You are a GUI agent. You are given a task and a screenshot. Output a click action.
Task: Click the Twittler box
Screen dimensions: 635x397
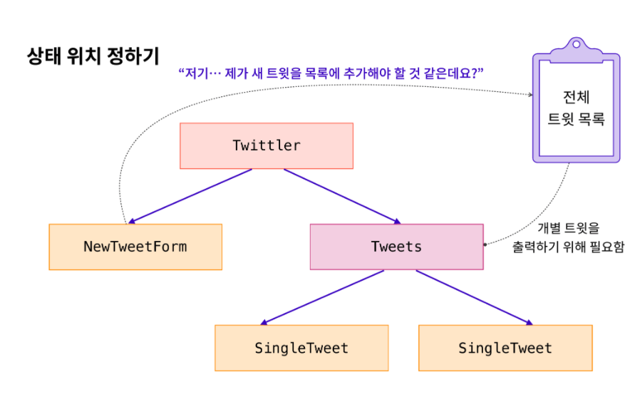click(266, 146)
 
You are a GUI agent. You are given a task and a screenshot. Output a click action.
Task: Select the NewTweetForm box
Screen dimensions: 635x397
click(135, 247)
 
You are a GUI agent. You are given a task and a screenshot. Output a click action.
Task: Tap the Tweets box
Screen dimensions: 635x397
click(396, 247)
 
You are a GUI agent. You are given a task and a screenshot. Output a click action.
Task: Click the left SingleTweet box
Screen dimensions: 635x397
click(301, 349)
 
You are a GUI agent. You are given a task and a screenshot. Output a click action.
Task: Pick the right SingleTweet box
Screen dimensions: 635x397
click(505, 349)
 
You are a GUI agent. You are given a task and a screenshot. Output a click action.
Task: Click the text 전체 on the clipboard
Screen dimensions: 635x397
click(575, 96)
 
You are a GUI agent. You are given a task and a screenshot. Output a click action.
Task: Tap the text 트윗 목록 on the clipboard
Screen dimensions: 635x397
click(575, 120)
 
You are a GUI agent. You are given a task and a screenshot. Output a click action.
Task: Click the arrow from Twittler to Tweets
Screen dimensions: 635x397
click(341, 196)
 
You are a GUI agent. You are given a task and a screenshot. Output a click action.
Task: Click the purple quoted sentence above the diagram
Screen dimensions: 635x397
click(331, 73)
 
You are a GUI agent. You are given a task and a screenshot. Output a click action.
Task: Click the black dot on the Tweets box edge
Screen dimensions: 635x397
click(486, 244)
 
